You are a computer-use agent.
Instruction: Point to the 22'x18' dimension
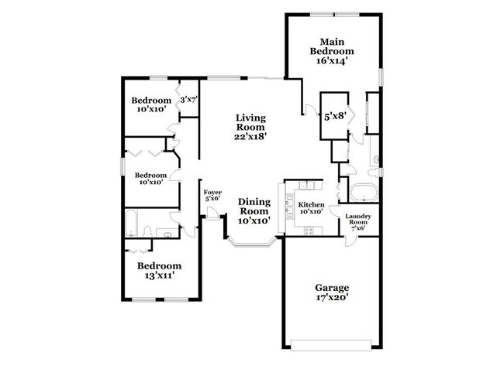tap(250, 136)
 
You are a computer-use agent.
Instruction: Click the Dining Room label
tap(253, 206)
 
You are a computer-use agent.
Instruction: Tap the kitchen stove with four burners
tap(309, 229)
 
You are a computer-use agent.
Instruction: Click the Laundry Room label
tap(358, 220)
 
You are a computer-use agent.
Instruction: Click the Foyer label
tap(212, 192)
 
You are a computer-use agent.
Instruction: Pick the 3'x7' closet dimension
tap(188, 100)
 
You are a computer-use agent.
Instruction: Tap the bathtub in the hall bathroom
tap(133, 224)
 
